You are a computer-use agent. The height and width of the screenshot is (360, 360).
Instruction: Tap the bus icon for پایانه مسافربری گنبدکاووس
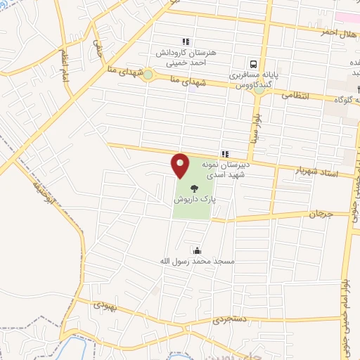tap(253, 63)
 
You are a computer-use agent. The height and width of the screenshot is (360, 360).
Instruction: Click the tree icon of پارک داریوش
tap(193, 188)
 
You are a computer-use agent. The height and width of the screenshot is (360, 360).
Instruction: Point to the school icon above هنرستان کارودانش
tap(186, 42)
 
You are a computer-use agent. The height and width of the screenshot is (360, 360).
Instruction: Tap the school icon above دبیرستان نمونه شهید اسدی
tap(224, 153)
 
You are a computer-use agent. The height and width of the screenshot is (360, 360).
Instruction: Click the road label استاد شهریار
tap(314, 171)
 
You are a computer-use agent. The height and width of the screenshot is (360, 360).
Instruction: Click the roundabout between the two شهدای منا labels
tap(148, 75)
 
